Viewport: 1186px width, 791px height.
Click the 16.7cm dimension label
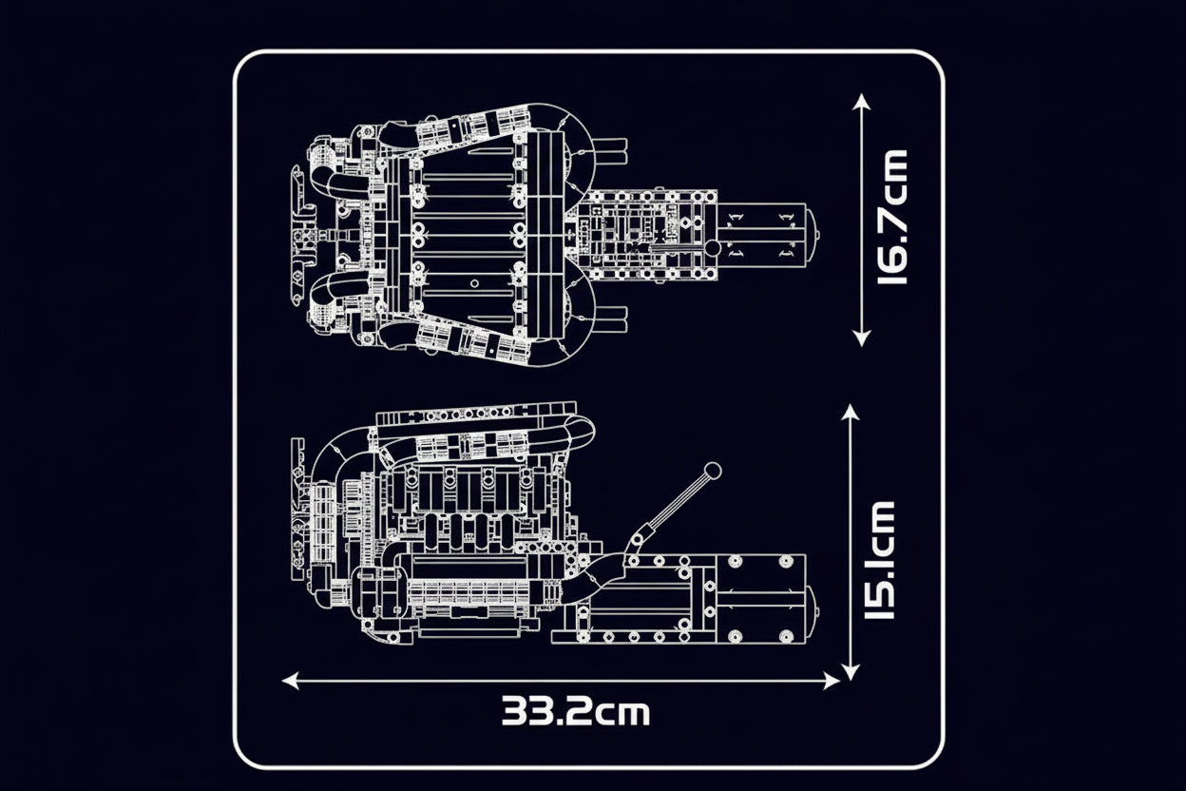tap(892, 218)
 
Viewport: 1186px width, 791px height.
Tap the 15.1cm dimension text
tap(880, 559)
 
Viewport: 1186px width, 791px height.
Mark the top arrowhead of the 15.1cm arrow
tap(851, 412)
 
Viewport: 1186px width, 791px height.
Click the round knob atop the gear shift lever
tap(712, 469)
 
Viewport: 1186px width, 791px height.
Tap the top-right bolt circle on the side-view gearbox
tap(785, 563)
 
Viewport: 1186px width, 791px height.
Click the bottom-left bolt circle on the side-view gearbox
tap(731, 636)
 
